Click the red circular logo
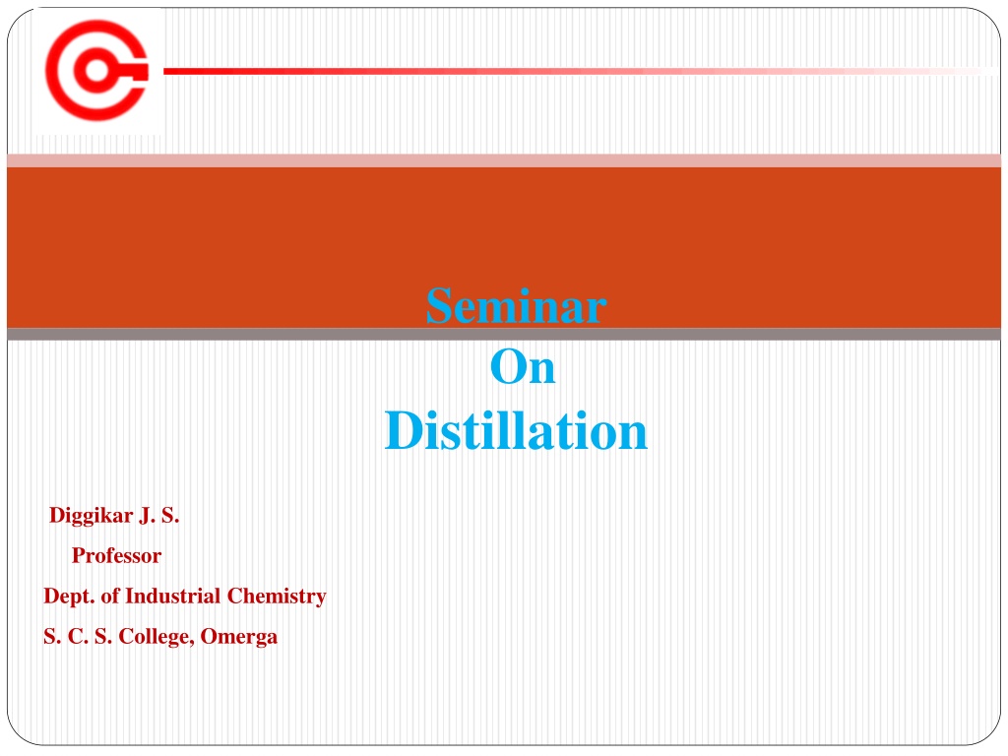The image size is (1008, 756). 97,70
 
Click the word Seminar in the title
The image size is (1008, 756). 516,305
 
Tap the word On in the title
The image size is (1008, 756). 523,367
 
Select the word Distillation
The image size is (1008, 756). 516,430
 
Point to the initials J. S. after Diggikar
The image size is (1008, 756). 159,516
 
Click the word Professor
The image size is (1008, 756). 116,555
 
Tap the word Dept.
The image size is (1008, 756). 69,597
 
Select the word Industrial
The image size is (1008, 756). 173,596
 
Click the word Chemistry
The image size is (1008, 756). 277,597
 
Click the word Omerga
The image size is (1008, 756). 239,637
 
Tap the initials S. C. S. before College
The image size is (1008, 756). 78,637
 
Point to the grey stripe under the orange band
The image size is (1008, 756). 504,335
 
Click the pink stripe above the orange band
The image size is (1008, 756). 504,160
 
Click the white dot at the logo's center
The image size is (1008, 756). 96,70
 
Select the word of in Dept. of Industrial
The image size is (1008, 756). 110,596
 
